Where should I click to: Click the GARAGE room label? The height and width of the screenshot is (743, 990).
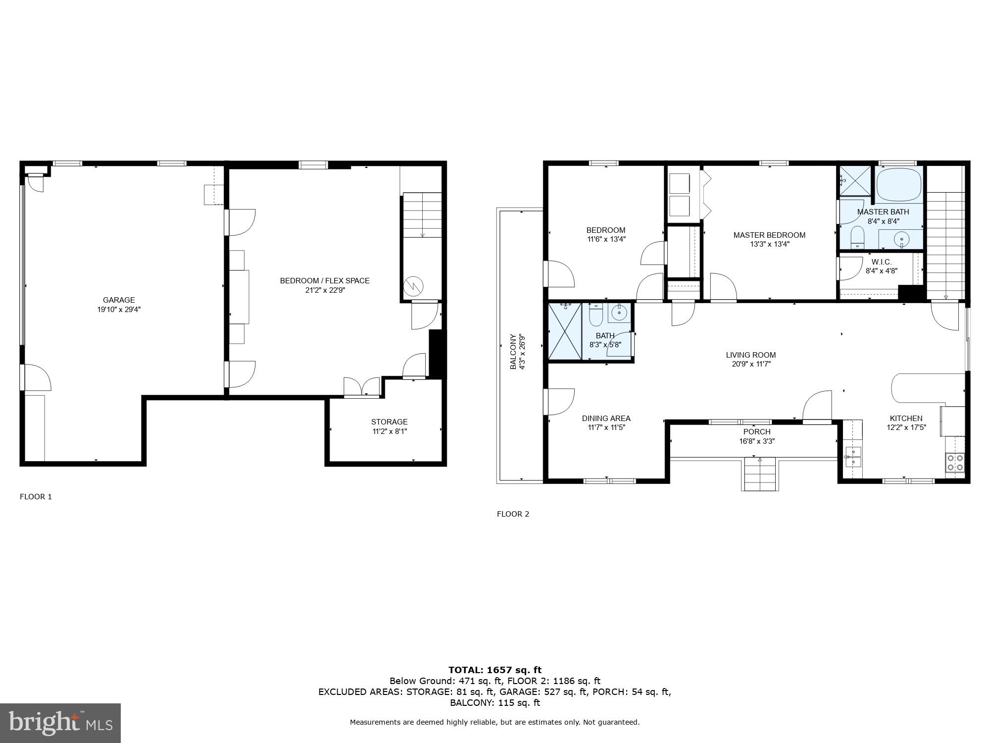click(x=119, y=300)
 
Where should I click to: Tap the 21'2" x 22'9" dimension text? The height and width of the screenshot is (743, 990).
click(x=325, y=290)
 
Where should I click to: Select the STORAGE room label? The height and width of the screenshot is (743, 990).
click(x=389, y=422)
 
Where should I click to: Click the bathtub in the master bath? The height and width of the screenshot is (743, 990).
click(x=899, y=184)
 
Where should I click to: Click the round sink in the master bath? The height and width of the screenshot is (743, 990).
click(x=901, y=240)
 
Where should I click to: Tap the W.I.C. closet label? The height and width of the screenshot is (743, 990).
click(x=881, y=262)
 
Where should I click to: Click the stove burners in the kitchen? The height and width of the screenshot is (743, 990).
click(x=955, y=462)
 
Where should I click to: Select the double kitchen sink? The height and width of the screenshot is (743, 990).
click(x=852, y=456)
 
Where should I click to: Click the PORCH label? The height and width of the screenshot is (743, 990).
click(x=756, y=431)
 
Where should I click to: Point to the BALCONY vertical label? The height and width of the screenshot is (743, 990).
click(x=513, y=352)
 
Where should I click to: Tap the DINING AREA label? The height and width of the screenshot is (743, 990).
click(x=606, y=418)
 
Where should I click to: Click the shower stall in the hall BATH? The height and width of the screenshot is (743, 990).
click(x=565, y=331)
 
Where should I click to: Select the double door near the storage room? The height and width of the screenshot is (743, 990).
click(x=362, y=387)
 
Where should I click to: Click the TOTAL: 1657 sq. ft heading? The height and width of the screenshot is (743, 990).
click(x=495, y=670)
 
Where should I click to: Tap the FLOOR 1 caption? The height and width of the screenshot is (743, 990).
click(x=36, y=496)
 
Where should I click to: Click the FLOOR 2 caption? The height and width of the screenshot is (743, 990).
click(x=513, y=514)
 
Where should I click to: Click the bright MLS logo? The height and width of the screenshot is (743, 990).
click(x=60, y=723)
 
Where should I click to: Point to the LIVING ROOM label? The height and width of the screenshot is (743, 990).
click(x=750, y=355)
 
